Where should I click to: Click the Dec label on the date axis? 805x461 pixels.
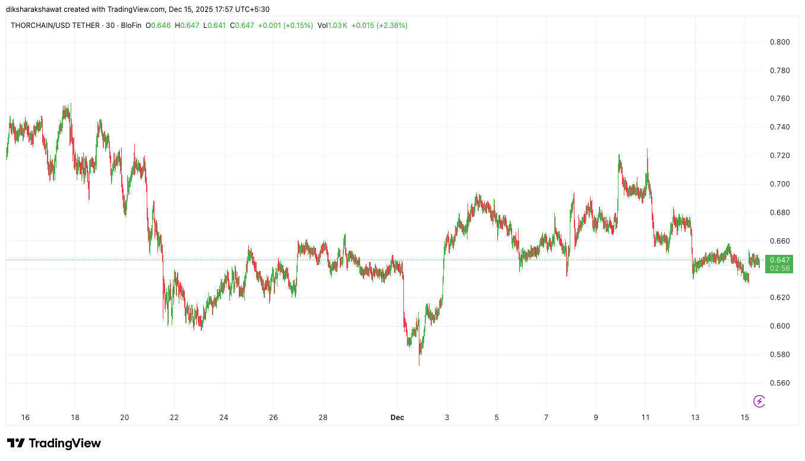coord(397,418)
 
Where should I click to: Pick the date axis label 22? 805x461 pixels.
coord(174,418)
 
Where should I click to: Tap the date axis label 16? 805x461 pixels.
coord(26,418)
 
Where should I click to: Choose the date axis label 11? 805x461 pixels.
coord(645,418)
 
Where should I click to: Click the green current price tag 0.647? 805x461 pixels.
coord(779,260)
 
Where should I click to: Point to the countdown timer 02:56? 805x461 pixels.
coord(779,269)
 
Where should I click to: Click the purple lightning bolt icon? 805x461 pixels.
coord(759,402)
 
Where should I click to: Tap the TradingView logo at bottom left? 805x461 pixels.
coord(54,443)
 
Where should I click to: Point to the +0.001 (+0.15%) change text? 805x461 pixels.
coord(285,26)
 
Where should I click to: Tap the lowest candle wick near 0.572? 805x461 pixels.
coord(419,364)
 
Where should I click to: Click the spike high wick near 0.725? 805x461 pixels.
coord(647,150)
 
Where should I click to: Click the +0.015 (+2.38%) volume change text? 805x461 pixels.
coord(379,26)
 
